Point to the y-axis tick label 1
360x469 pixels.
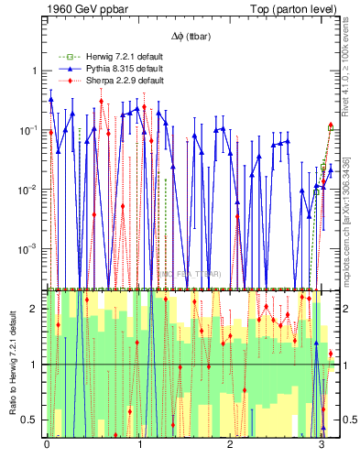pyautogui.click(x=35, y=71)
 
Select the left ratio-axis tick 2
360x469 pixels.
pyautogui.click(x=35, y=309)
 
